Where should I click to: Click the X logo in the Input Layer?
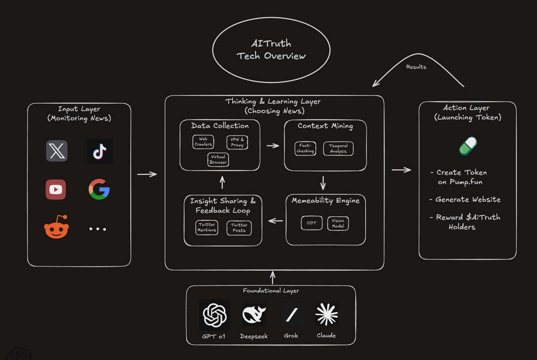click(x=57, y=151)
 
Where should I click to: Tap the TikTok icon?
click(x=99, y=151)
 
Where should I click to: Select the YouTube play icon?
click(x=56, y=189)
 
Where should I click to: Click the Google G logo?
click(x=99, y=189)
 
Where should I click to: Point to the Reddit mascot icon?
click(x=56, y=228)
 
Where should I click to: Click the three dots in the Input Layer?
click(x=98, y=229)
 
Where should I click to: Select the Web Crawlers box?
click(x=203, y=142)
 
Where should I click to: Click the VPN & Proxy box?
click(x=237, y=142)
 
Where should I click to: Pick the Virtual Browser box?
click(x=218, y=159)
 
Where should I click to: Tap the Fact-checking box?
click(x=306, y=148)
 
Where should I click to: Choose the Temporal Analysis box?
click(x=338, y=148)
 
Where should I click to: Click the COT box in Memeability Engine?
click(x=311, y=223)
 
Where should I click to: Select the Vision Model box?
click(x=338, y=223)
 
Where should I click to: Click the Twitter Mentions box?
click(x=207, y=227)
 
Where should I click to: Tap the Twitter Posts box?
click(x=239, y=228)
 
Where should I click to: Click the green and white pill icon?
click(x=468, y=146)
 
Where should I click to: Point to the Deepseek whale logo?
click(x=254, y=315)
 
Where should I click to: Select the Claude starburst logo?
click(x=326, y=314)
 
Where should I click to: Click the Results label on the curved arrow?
click(x=416, y=67)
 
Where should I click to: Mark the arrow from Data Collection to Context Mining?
click(x=272, y=145)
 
